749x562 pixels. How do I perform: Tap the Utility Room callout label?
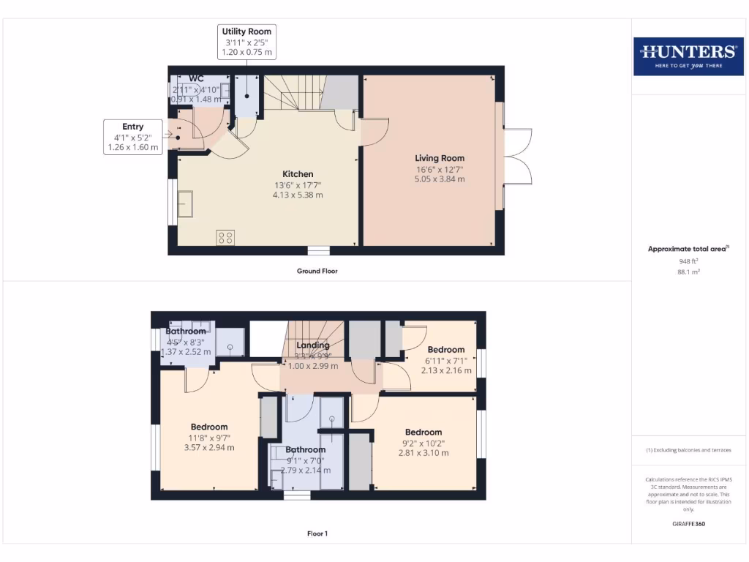click(x=246, y=42)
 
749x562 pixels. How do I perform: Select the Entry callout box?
click(x=133, y=137)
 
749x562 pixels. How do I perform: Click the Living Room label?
click(x=440, y=158)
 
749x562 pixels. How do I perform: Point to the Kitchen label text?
click(x=298, y=174)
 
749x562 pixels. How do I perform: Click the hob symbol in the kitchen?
click(x=225, y=237)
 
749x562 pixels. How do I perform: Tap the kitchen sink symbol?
click(x=184, y=204)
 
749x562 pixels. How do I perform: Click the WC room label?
click(x=196, y=78)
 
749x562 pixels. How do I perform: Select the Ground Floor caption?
click(x=317, y=271)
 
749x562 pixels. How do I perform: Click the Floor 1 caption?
click(x=317, y=533)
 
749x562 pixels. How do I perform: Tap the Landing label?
click(x=313, y=345)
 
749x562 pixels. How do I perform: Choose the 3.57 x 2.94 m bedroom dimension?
click(x=209, y=447)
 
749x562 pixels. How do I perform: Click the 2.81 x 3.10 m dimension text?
click(x=424, y=452)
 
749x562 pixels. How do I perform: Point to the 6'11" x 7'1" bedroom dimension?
click(x=445, y=360)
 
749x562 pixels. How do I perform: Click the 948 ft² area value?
click(x=688, y=261)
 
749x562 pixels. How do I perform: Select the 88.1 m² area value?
click(x=688, y=271)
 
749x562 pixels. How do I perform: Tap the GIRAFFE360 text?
click(x=688, y=524)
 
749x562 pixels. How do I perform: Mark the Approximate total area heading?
click(x=688, y=249)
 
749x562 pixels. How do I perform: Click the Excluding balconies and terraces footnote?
click(x=688, y=450)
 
